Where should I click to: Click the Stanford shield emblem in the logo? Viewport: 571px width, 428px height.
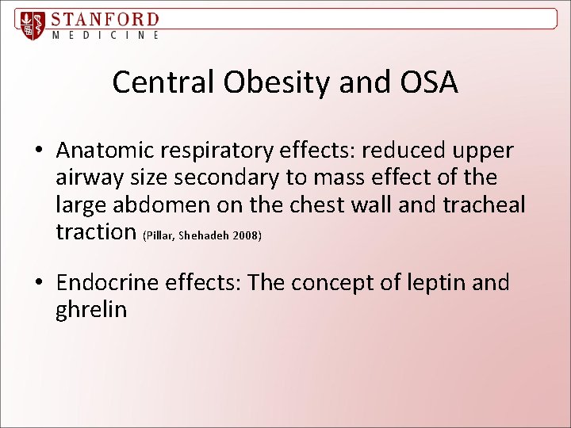32,25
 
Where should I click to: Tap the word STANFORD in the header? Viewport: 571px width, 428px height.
105,19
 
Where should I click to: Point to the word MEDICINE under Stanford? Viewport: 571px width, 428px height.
105,36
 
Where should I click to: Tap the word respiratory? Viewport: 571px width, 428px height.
230,151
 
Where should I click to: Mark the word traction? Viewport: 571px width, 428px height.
96,231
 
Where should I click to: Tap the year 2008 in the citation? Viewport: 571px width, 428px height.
247,235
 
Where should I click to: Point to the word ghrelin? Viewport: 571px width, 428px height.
91,310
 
